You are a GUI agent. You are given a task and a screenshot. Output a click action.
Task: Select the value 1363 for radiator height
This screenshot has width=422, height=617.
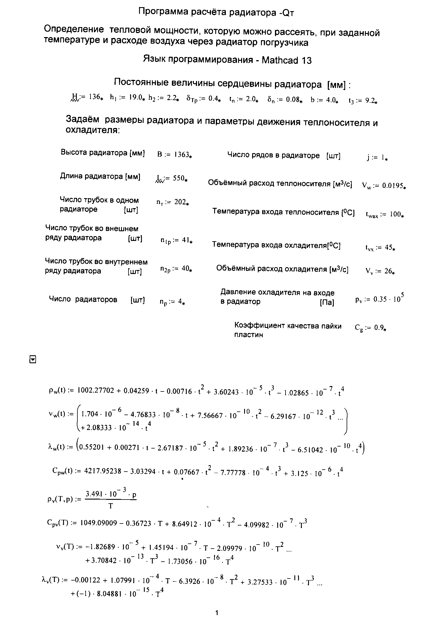182,155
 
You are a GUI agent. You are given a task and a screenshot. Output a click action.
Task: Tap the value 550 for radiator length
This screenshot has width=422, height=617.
179,178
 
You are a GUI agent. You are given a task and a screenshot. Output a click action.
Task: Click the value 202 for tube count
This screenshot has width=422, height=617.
180,202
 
